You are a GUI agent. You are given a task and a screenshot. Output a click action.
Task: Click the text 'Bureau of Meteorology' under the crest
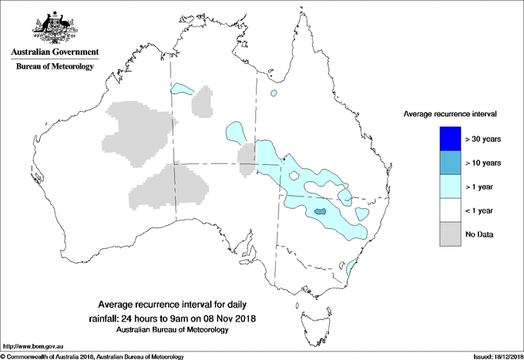click(x=55, y=66)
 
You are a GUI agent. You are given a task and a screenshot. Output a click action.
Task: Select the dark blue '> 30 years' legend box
click(x=444, y=140)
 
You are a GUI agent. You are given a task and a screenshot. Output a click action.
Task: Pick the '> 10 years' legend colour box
click(x=444, y=163)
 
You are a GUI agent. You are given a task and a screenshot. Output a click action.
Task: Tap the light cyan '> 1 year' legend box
click(x=444, y=187)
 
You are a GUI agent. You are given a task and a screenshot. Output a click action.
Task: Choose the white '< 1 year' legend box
click(x=444, y=210)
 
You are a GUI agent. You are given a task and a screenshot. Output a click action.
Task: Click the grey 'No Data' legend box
click(x=444, y=234)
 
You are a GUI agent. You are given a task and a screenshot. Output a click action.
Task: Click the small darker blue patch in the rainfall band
click(x=321, y=212)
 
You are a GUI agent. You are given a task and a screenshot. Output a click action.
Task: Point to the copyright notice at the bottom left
click(x=92, y=356)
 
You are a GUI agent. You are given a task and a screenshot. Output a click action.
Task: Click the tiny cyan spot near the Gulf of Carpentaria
click(x=273, y=94)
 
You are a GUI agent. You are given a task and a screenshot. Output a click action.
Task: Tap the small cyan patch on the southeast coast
click(x=351, y=267)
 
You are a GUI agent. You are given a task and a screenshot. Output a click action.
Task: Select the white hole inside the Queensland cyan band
click(x=294, y=175)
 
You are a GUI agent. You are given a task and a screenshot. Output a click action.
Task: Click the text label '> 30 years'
click(x=483, y=140)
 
